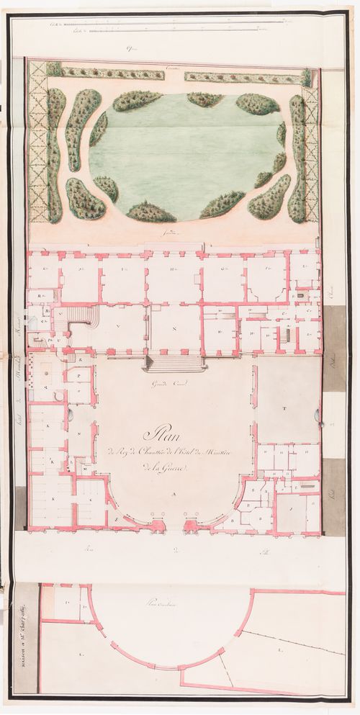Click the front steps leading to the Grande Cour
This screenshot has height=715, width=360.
coord(174,364)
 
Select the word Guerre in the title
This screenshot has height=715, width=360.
coord(166,469)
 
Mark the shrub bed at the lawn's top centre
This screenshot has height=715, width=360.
coord(204,99)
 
